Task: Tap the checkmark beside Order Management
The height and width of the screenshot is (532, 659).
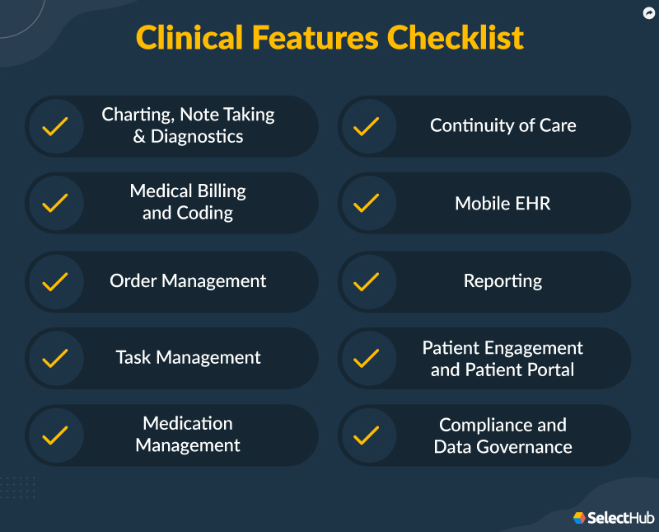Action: [x=55, y=281]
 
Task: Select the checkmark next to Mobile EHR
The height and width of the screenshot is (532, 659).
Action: [x=366, y=203]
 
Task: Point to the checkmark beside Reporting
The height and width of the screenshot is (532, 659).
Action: [x=366, y=281]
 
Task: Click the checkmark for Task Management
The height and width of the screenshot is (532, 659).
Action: [x=55, y=358]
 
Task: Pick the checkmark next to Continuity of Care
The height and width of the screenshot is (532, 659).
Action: [x=366, y=126]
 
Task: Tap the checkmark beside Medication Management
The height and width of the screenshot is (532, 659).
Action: [x=55, y=435]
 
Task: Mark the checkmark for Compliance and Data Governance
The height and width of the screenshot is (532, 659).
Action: [x=366, y=435]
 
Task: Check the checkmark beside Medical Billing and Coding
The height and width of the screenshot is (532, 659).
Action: [x=55, y=203]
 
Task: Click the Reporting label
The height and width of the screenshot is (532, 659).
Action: [x=502, y=281]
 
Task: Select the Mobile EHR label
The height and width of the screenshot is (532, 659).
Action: [x=502, y=203]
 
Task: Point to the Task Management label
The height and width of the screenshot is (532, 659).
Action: [x=188, y=358]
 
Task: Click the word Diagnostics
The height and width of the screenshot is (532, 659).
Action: [x=197, y=137]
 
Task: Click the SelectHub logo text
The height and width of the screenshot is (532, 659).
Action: [x=622, y=518]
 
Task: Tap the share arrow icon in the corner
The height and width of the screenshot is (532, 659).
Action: [x=647, y=12]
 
